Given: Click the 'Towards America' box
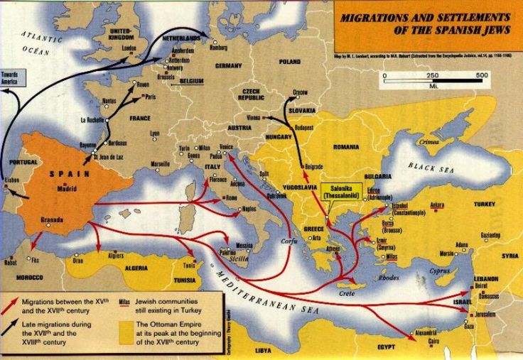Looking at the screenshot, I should point(11,77).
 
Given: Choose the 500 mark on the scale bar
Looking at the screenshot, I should point(481,75).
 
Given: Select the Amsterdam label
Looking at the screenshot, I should point(183,51).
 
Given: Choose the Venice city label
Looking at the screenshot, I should point(227,146).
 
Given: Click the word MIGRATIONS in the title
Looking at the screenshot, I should point(378,17).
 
